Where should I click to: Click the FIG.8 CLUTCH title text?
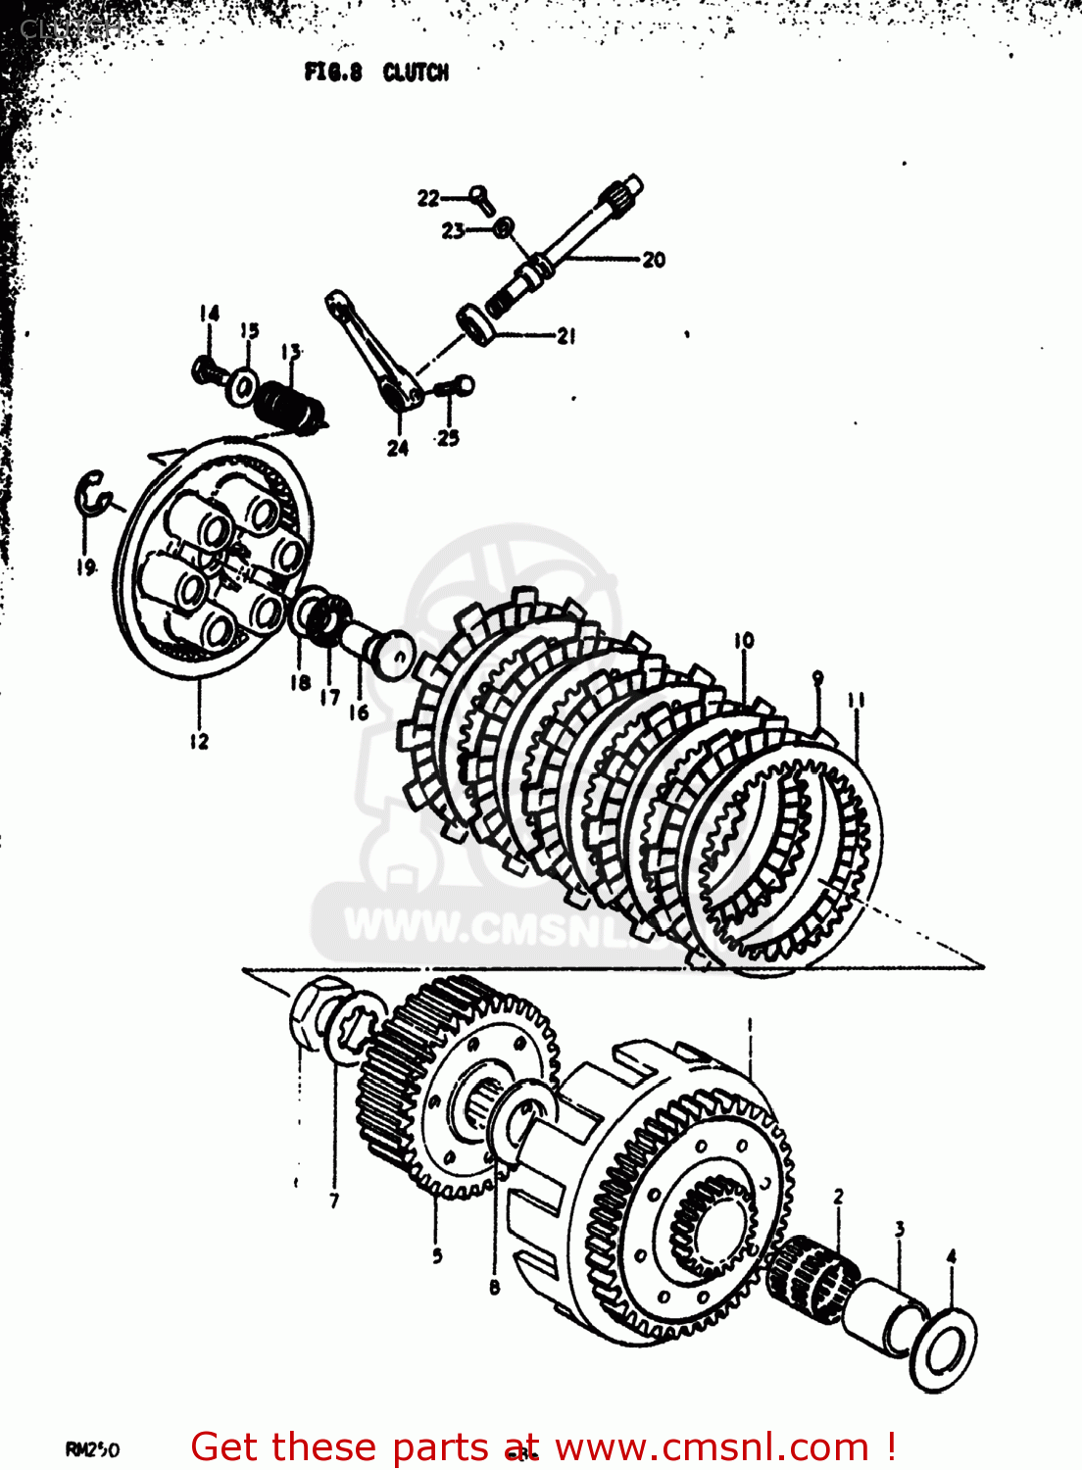click(x=376, y=73)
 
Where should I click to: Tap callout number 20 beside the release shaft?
click(x=654, y=260)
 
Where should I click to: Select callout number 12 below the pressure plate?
click(x=199, y=742)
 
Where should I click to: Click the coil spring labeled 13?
click(x=287, y=403)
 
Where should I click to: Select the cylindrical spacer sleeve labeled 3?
click(x=882, y=1319)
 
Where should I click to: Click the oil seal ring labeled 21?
click(x=476, y=321)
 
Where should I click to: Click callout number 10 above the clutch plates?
click(x=744, y=641)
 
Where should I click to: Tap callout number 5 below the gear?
click(x=437, y=1255)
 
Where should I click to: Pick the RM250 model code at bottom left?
click(x=92, y=1449)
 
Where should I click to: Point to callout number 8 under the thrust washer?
click(x=494, y=1287)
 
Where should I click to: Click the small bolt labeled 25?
click(x=455, y=387)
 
